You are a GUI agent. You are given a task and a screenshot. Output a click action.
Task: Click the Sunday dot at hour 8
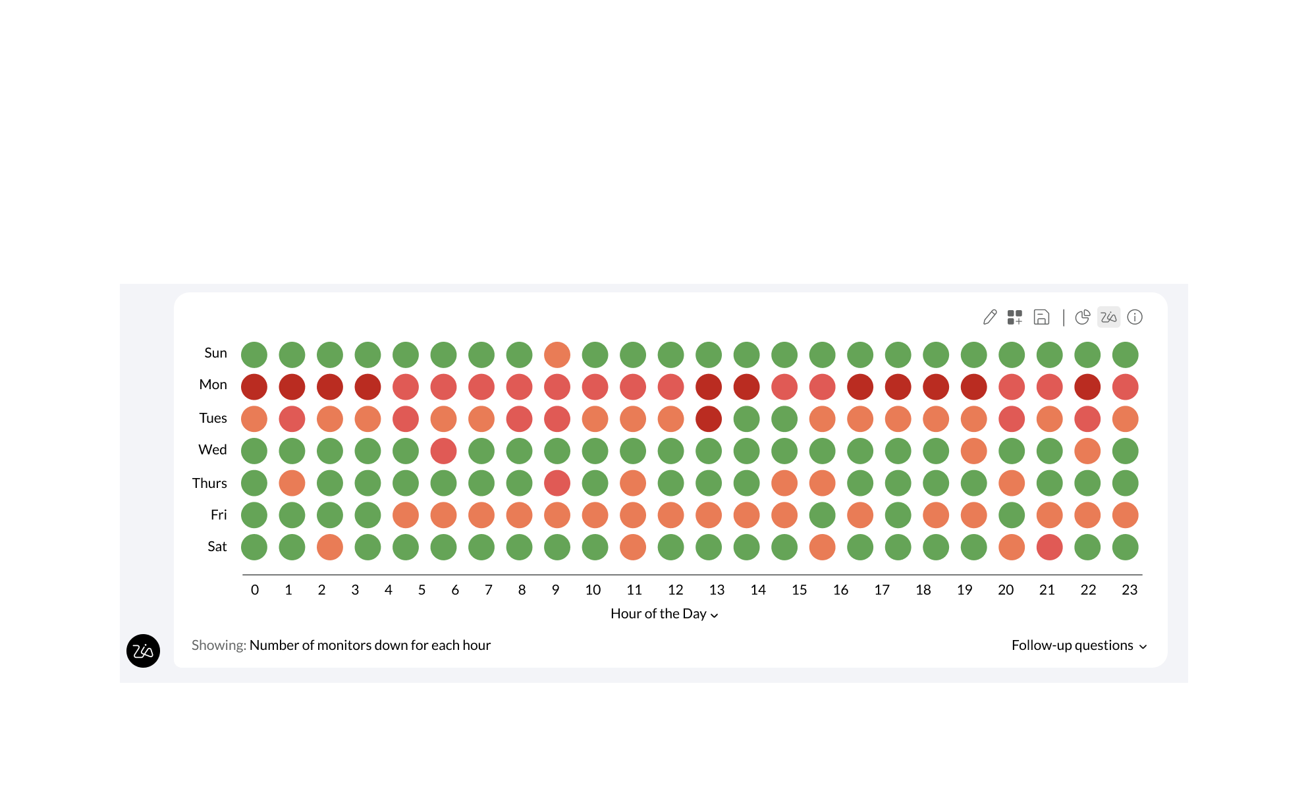557,355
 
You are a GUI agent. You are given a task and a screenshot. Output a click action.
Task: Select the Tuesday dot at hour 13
709,419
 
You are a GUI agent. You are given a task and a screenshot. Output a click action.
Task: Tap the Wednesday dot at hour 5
443,451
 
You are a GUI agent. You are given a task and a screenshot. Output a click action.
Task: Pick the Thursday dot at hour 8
557,483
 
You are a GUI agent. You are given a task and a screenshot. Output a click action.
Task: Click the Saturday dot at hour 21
1049,547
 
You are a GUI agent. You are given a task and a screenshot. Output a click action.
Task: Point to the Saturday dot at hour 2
330,547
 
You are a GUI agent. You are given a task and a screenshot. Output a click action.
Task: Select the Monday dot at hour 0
254,387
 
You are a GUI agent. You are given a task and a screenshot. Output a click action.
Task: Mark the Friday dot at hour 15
822,515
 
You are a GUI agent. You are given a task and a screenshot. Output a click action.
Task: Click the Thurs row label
209,483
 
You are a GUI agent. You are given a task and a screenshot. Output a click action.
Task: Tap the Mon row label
213,385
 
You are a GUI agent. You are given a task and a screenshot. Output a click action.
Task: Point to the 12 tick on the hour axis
675,590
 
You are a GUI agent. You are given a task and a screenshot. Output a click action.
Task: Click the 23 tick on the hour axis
1129,590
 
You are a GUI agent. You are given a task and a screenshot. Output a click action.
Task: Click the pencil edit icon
990,317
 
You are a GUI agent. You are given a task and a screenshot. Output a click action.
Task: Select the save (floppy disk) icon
1041,317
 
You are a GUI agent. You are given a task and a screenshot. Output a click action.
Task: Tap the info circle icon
1135,317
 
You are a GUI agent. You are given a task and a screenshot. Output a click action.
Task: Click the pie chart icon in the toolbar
1082,317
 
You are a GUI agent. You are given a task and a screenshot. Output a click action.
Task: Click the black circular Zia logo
143,651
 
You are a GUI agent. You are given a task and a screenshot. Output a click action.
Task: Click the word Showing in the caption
219,645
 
